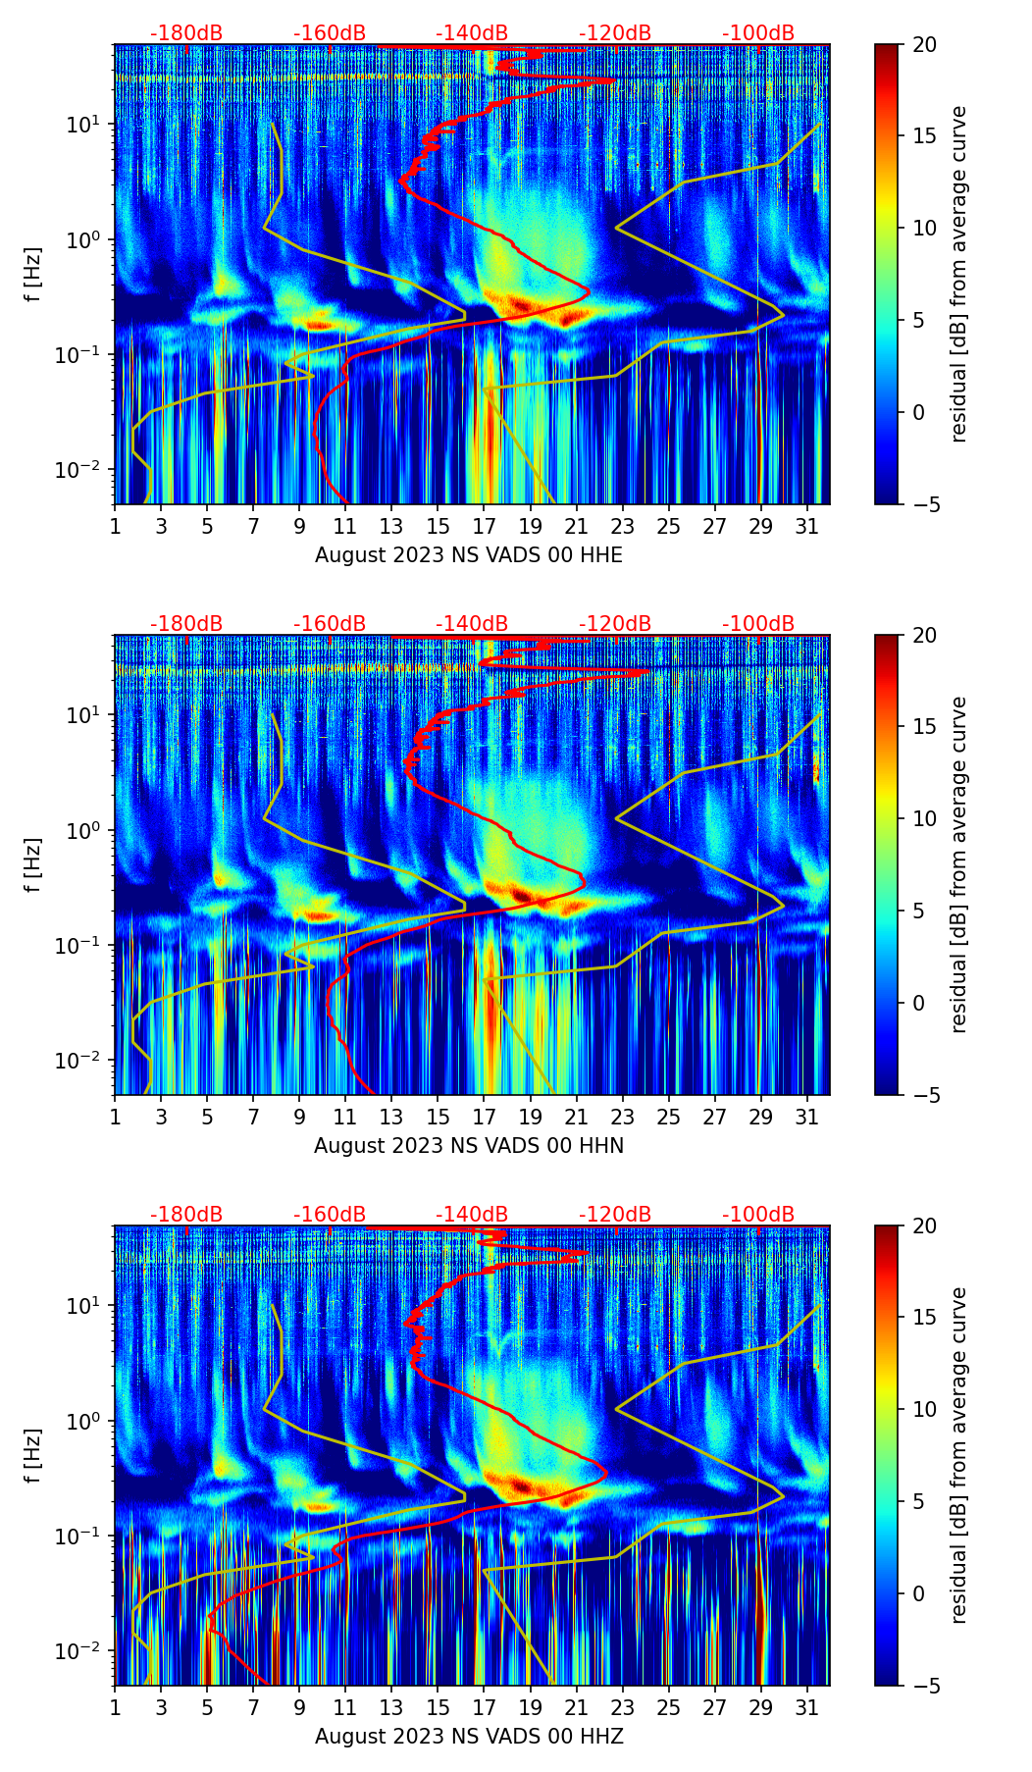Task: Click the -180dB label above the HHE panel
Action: point(186,33)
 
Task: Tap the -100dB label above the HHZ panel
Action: point(758,1215)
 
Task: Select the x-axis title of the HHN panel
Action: point(469,1145)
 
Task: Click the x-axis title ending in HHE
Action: point(469,554)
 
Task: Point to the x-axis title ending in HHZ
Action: point(469,1736)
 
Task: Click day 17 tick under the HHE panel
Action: point(485,526)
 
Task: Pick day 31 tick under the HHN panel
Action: point(807,1117)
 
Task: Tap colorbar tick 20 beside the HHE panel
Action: point(922,44)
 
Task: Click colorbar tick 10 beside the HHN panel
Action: point(922,818)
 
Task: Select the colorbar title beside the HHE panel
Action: point(959,274)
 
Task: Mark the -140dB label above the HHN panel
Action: point(472,624)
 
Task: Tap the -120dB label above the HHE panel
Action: point(615,33)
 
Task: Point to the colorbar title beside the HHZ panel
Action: point(959,1455)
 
